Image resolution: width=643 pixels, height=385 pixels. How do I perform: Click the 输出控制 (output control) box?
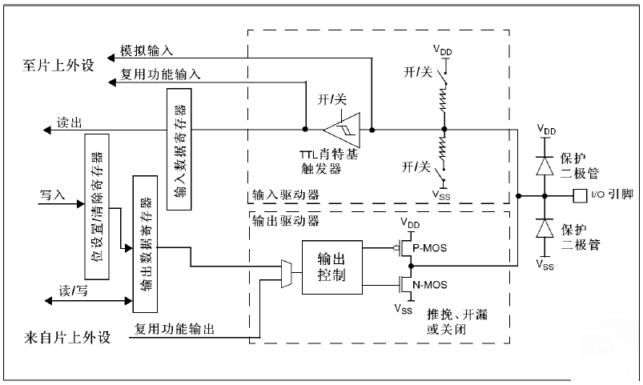pyautogui.click(x=332, y=267)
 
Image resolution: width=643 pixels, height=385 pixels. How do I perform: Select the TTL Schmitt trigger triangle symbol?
pyautogui.click(x=343, y=130)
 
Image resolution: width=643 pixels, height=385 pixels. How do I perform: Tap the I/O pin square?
pyautogui.click(x=580, y=196)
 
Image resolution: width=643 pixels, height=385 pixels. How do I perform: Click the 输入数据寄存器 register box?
pyautogui.click(x=179, y=149)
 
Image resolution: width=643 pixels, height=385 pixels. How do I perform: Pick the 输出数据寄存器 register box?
pyautogui.click(x=145, y=244)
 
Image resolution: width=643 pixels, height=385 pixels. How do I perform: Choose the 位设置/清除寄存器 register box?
pyautogui.click(x=97, y=207)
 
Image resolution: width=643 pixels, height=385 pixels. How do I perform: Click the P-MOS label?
pyautogui.click(x=429, y=248)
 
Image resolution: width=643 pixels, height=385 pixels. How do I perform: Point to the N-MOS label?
pyautogui.click(x=430, y=284)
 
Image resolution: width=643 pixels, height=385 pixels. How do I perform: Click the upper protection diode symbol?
pyautogui.click(x=545, y=166)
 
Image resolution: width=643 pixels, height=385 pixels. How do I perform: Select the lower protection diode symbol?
pyautogui.click(x=545, y=228)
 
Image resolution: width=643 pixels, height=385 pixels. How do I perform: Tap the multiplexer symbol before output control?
pyautogui.click(x=286, y=274)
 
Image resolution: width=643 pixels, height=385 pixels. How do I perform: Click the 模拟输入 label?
pyautogui.click(x=147, y=50)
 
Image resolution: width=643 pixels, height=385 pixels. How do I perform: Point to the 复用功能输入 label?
pyautogui.click(x=160, y=74)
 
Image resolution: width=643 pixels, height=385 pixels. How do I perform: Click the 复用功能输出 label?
pyautogui.click(x=175, y=329)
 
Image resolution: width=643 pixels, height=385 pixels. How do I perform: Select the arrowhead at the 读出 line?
pyautogui.click(x=47, y=130)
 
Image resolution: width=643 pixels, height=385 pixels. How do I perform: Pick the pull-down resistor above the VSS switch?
pyautogui.click(x=444, y=147)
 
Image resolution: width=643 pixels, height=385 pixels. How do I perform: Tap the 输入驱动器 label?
pyautogui.click(x=285, y=195)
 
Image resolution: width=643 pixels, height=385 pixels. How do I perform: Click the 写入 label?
pyautogui.click(x=53, y=195)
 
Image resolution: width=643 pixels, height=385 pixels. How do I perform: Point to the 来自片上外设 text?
pyautogui.click(x=67, y=338)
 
